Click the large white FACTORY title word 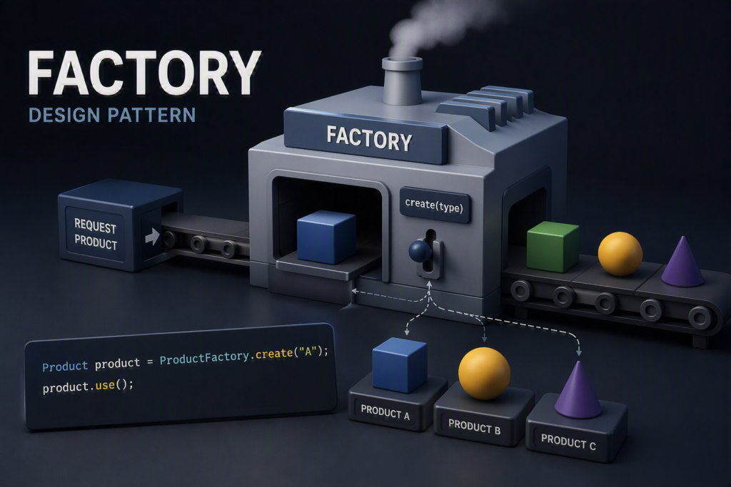pos(144,73)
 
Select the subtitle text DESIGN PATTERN pos(112,115)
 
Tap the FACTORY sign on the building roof pos(369,138)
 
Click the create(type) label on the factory pos(434,205)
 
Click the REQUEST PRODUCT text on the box pos(96,234)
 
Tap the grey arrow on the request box pos(152,237)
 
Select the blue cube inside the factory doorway pos(326,237)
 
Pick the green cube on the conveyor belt pos(553,246)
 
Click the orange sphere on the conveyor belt pos(620,254)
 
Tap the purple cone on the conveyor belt pos(682,261)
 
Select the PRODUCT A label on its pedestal pos(385,413)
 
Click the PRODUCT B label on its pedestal pos(474,427)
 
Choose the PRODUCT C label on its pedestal pos(568,442)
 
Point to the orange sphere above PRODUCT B pos(484,374)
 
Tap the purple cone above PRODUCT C pos(578,390)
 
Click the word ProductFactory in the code pos(205,357)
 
